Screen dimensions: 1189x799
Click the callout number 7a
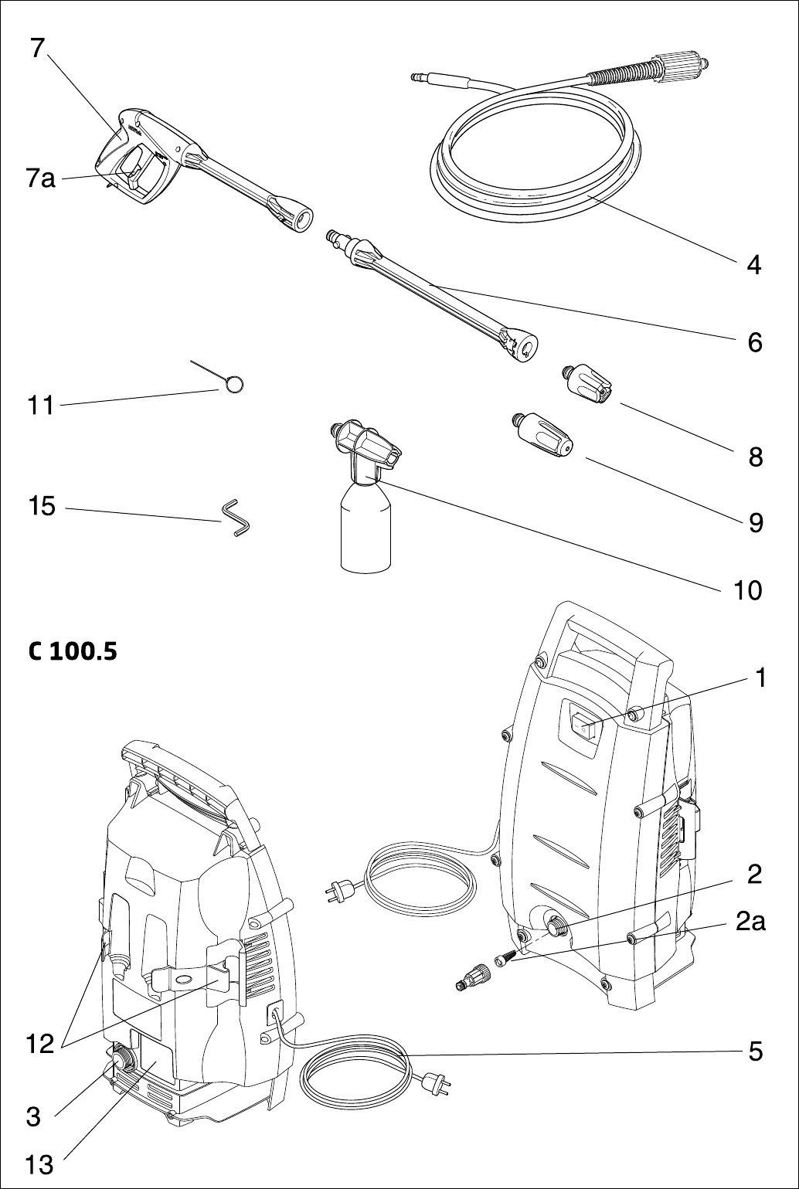[41, 179]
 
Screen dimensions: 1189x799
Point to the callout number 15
[42, 507]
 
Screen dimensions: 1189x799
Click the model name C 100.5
[73, 652]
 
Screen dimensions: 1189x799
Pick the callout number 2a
[749, 922]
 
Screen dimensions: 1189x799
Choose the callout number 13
[39, 1164]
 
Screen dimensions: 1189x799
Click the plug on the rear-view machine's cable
[436, 1085]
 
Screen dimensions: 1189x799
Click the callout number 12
[39, 1045]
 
